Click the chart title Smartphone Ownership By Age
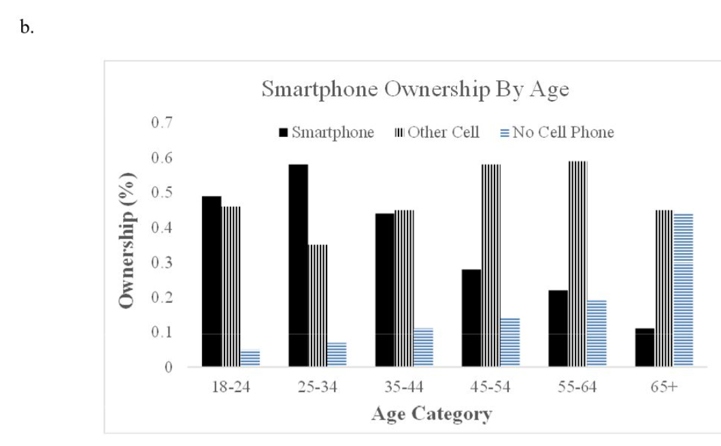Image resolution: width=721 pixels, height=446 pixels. (416, 91)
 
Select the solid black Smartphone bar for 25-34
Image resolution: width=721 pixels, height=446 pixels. (298, 266)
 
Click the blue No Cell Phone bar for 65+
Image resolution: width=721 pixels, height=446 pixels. (683, 290)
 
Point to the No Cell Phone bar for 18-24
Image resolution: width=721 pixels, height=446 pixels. (250, 358)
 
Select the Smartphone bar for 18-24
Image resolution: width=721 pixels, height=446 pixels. (212, 281)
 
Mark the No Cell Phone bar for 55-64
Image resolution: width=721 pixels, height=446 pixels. (597, 333)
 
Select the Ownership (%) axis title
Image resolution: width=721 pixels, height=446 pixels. (127, 240)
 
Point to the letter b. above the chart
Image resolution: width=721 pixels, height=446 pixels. (27, 29)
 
